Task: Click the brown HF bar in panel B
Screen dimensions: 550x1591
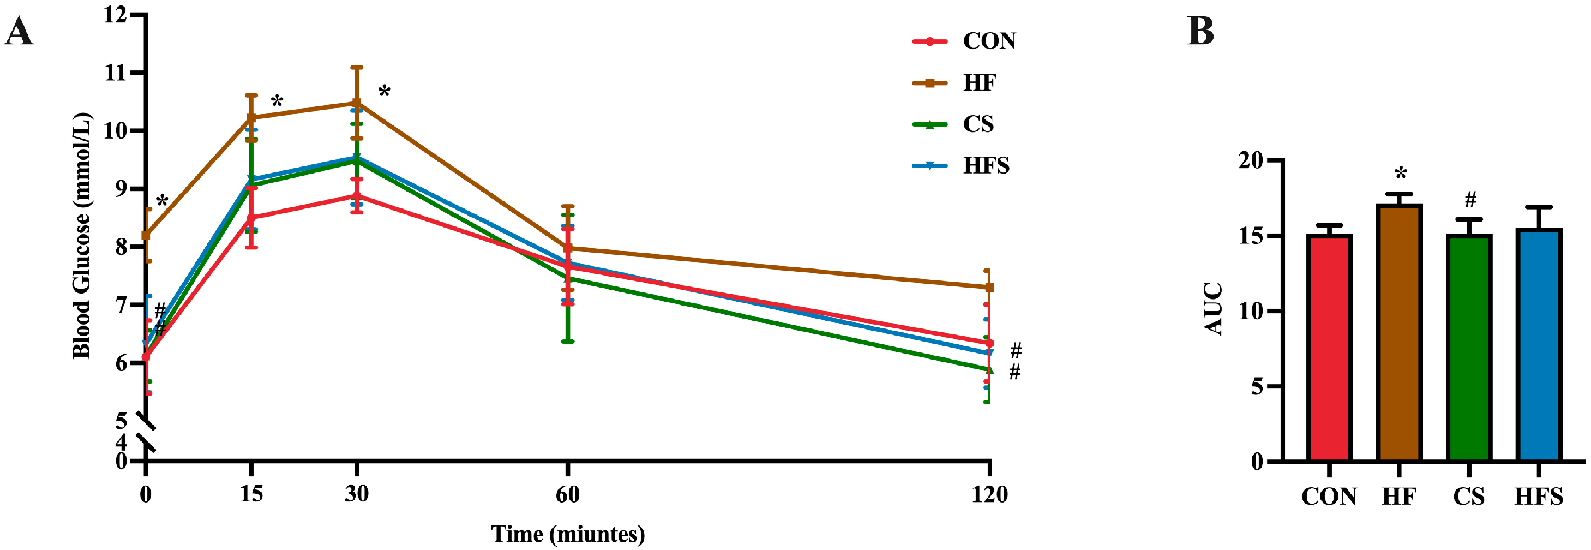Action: tap(1400, 334)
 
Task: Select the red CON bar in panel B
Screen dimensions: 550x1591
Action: tap(1329, 349)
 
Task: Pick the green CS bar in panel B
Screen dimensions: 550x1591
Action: tap(1469, 349)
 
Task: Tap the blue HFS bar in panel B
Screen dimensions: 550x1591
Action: tap(1539, 346)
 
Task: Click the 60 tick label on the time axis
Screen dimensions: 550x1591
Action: tap(567, 494)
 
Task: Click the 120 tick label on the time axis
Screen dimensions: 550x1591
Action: tap(989, 494)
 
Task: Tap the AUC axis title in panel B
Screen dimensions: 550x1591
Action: tap(1214, 309)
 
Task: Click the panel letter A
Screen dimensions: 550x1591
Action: tap(19, 32)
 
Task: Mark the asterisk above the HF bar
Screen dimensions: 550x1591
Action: tap(1401, 174)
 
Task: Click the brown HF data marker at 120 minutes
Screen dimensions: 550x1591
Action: tap(989, 288)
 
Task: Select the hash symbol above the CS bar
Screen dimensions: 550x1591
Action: tap(1470, 200)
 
